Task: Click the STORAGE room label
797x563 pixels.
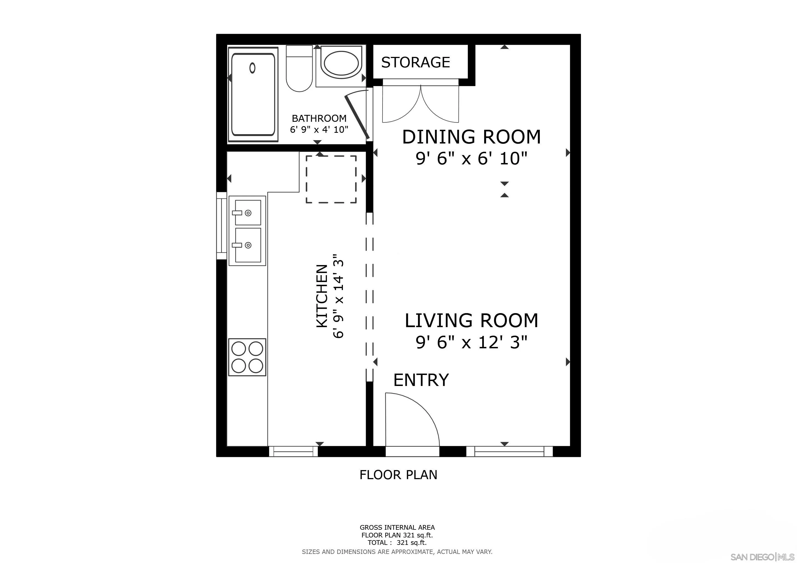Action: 415,62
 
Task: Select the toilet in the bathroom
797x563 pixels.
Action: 299,69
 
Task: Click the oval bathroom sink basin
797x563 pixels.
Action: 341,64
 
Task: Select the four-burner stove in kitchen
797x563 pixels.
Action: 247,357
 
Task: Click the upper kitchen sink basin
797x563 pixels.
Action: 247,212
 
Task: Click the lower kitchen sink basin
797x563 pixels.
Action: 247,245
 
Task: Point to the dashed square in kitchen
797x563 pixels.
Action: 331,179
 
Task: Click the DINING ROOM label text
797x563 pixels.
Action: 471,137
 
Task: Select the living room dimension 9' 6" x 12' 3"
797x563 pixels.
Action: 471,343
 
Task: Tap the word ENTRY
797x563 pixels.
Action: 421,380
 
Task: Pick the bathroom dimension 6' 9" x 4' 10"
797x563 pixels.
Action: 319,130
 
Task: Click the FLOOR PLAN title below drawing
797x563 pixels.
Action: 398,474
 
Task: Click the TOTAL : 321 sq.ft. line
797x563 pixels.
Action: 397,543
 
